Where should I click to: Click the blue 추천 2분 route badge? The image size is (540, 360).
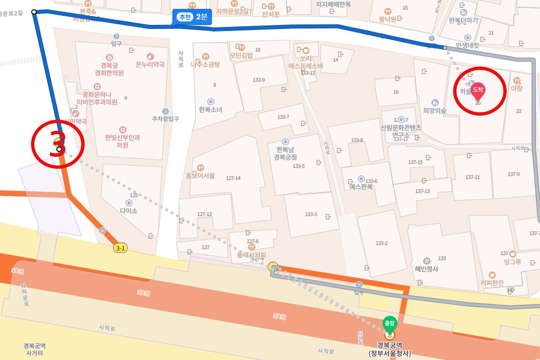coord(192,17)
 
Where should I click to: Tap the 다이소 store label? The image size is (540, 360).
coord(129,210)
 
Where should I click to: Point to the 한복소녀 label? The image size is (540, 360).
coord(210,109)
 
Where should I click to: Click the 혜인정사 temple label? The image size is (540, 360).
coord(427,269)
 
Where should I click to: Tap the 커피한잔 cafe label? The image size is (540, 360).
coord(492,283)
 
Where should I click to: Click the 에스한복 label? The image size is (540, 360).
coord(361,186)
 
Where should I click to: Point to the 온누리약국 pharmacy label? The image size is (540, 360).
coord(150,64)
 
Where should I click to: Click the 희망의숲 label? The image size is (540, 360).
coord(435,110)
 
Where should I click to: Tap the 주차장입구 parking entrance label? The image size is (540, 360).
coord(166,119)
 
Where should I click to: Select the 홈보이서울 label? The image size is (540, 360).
coord(200,175)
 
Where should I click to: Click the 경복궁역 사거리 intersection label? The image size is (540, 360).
coord(35,349)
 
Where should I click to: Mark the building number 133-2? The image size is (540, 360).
coord(381,243)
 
